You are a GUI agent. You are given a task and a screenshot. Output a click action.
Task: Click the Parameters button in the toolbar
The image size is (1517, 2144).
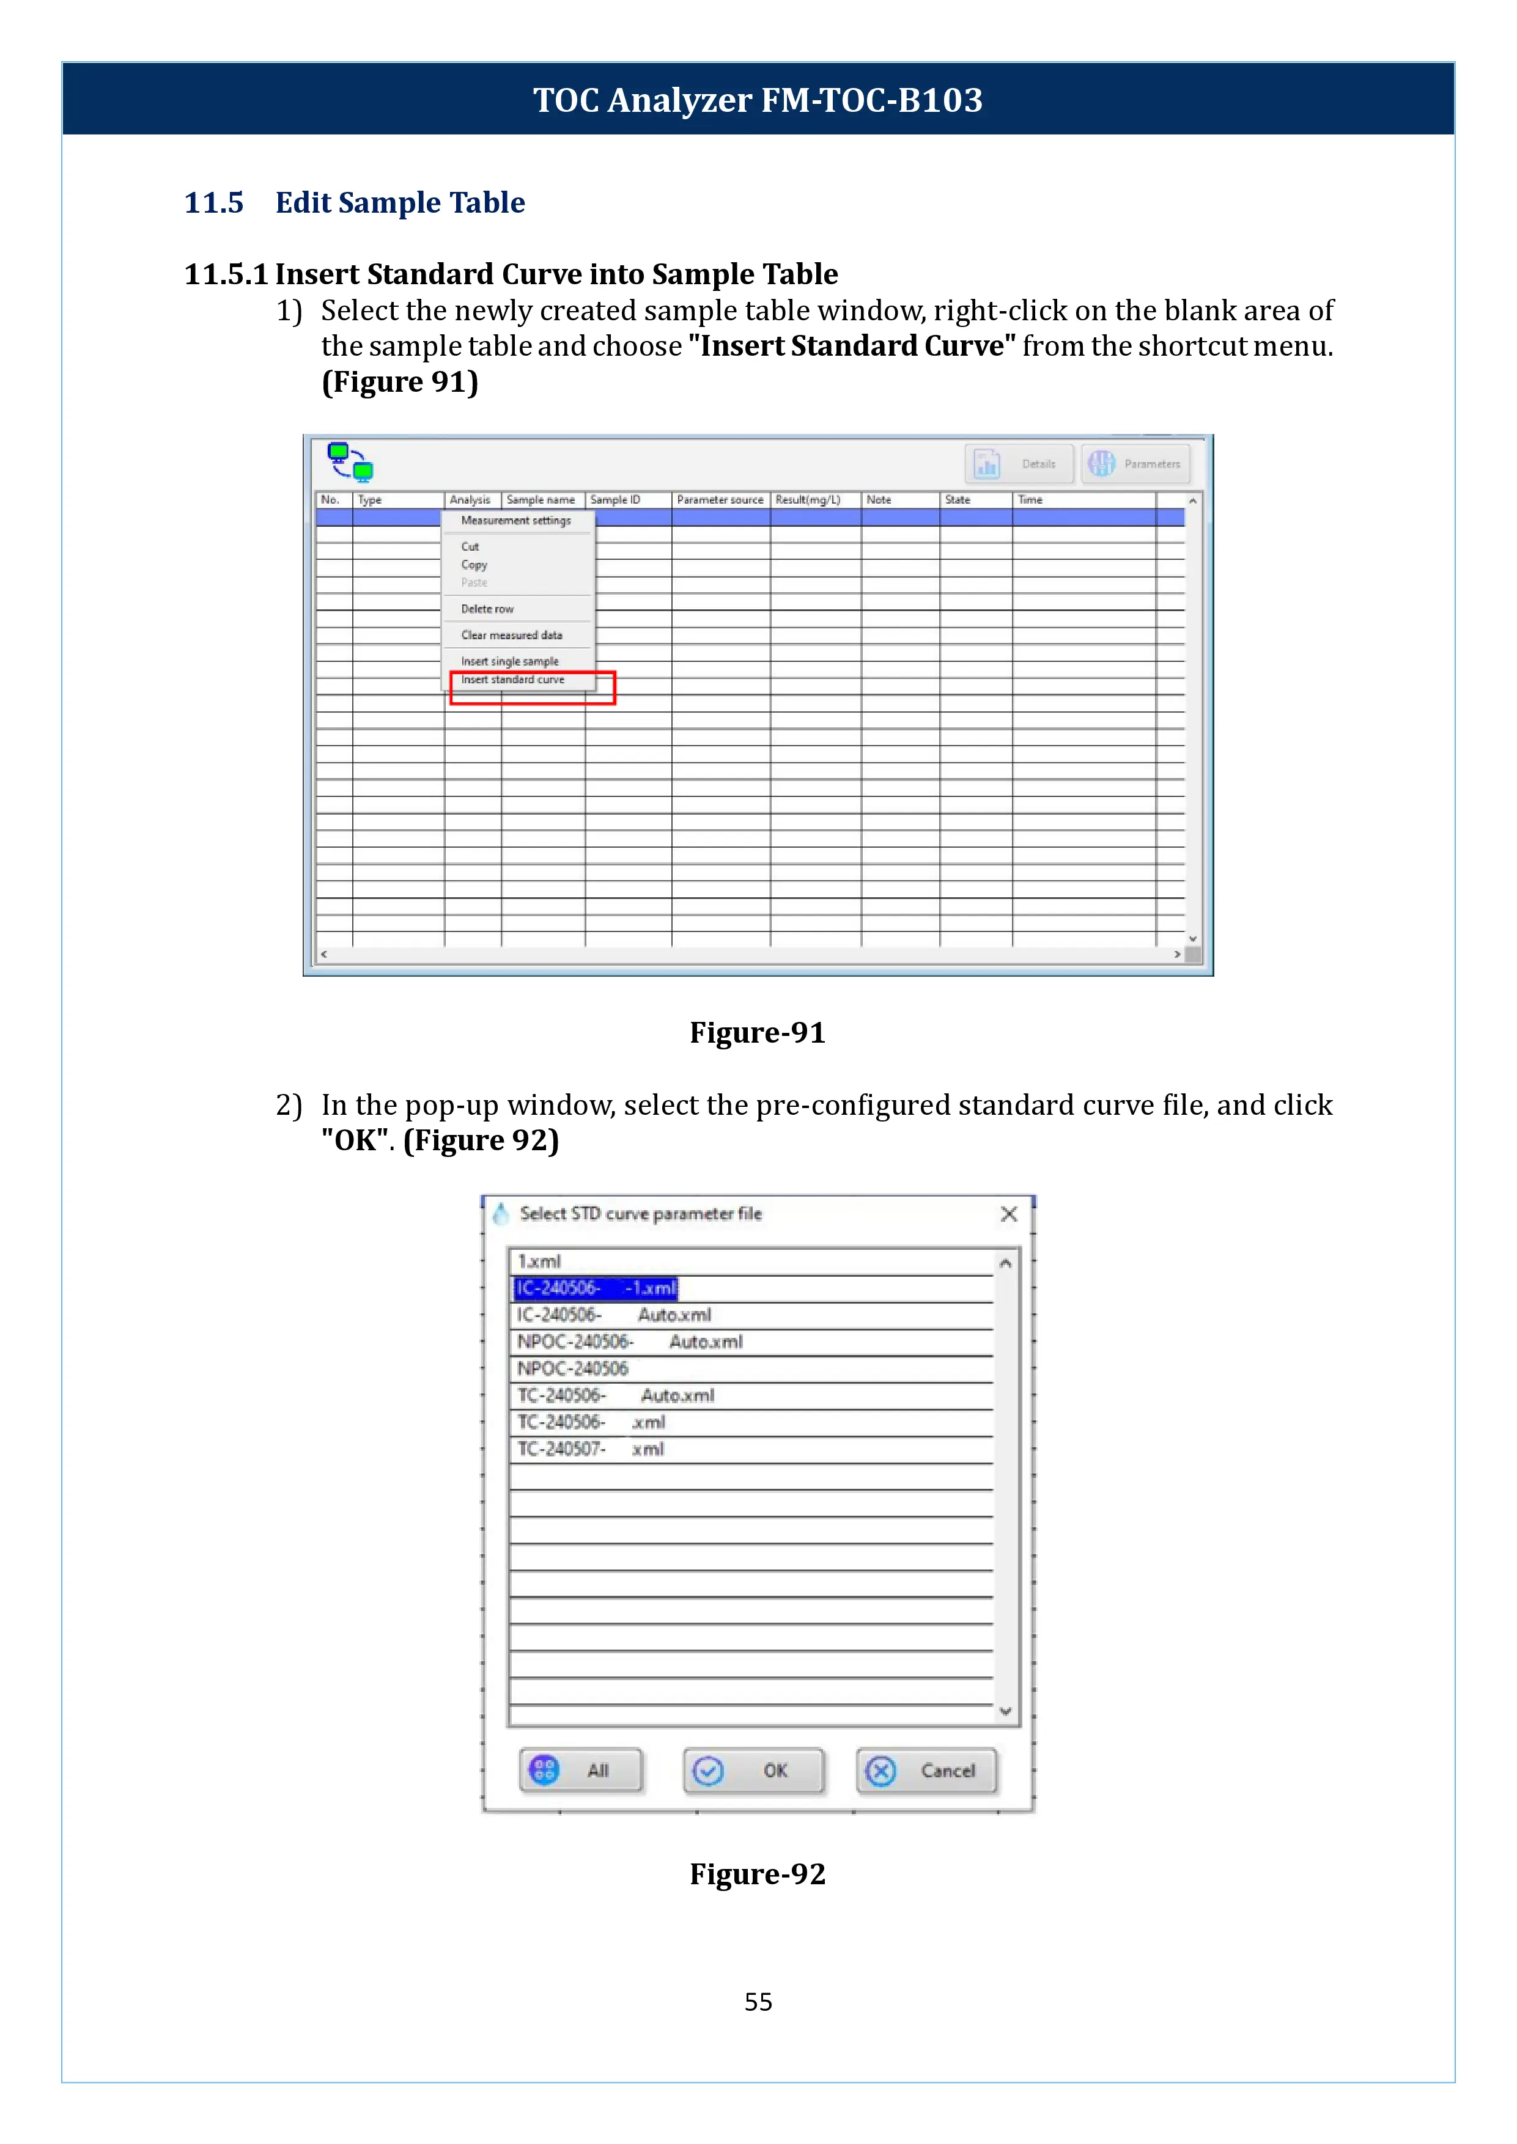tap(1135, 463)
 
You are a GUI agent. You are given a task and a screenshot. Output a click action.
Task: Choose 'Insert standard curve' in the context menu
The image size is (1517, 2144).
tap(513, 680)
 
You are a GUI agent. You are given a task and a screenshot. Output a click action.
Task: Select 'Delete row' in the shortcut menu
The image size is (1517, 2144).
tap(487, 609)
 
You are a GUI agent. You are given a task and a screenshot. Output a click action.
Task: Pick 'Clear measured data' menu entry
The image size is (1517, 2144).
tap(512, 635)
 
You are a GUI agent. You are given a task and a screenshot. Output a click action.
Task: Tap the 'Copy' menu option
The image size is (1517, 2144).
tap(474, 565)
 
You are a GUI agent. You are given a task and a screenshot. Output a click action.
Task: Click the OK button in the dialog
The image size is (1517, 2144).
tap(754, 1771)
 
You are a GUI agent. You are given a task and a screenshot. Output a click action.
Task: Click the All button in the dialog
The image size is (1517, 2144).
tap(581, 1771)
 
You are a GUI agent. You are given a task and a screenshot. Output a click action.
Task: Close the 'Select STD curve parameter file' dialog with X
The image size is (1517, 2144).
tap(1009, 1214)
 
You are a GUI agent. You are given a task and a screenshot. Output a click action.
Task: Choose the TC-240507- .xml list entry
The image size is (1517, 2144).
tap(591, 1449)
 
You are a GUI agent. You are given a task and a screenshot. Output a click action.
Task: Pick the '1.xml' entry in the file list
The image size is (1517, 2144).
tap(540, 1261)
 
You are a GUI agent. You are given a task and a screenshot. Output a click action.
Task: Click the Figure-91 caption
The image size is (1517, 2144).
tap(758, 1033)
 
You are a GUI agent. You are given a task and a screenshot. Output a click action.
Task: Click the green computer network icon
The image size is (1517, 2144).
tap(350, 461)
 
